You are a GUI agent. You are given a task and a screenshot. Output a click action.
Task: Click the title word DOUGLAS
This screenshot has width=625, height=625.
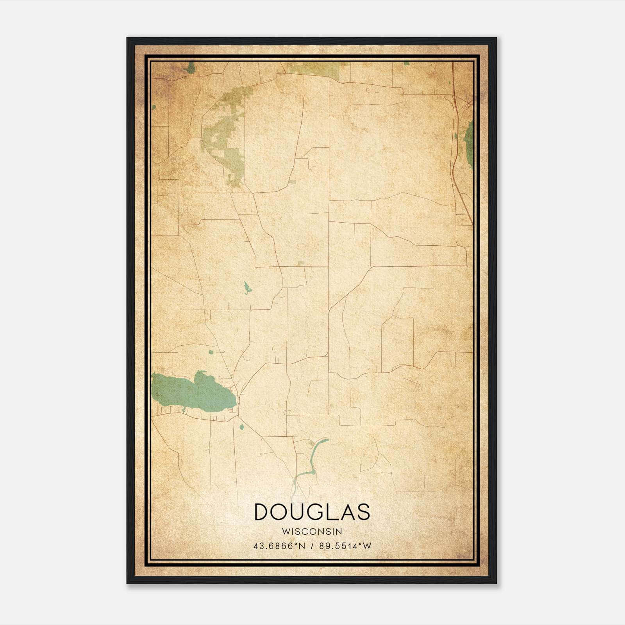pos(312,512)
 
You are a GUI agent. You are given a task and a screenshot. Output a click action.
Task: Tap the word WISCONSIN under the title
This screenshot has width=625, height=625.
pos(312,531)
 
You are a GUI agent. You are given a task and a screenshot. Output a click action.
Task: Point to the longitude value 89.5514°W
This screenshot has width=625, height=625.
pos(345,546)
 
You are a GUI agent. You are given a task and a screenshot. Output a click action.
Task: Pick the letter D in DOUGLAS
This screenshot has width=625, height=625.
pos(262,512)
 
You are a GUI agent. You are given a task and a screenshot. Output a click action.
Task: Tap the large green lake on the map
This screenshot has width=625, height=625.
pos(191,393)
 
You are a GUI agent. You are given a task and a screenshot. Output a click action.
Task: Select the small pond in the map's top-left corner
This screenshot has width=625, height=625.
pos(190,69)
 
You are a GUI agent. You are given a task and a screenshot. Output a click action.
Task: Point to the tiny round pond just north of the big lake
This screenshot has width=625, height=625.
pos(211,352)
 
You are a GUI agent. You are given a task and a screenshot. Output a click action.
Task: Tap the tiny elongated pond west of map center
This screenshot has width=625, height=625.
pos(247,288)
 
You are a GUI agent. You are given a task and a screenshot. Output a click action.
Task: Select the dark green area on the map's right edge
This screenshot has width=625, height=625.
pos(469,141)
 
